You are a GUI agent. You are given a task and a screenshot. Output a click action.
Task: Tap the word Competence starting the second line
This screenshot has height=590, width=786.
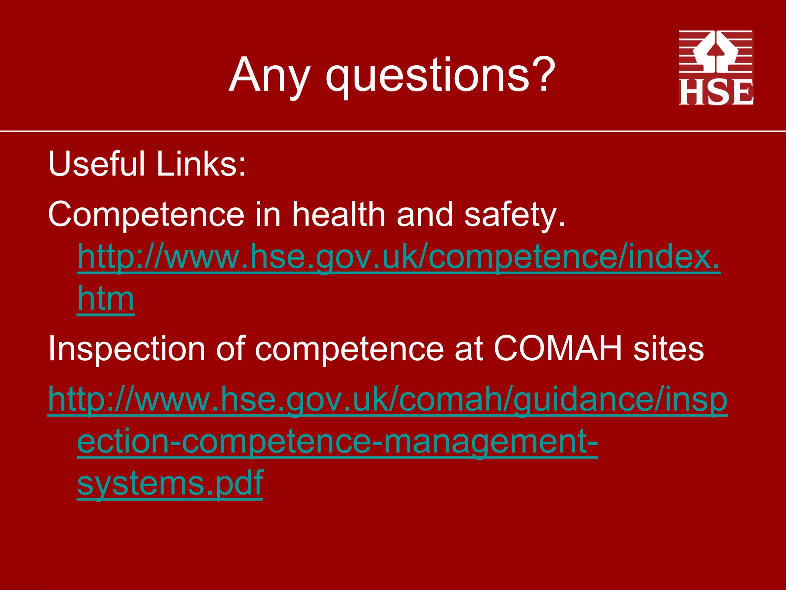coord(146,215)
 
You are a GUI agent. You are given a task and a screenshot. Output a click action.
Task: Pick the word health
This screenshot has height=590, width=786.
coord(339,215)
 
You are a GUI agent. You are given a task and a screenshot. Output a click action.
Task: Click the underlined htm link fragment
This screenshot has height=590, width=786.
coord(106,298)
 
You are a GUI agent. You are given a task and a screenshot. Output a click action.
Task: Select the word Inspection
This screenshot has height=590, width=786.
coord(127,349)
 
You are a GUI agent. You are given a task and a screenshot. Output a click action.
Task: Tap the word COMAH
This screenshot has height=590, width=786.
coord(558,349)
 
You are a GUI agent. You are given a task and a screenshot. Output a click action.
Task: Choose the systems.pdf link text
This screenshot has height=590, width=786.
coord(170,483)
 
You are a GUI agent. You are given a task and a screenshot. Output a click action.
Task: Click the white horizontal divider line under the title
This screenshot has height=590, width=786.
coord(393,131)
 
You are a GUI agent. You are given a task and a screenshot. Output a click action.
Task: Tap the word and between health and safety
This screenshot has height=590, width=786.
coord(425,215)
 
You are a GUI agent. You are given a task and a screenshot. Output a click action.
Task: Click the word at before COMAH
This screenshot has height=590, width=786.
coord(469,349)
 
